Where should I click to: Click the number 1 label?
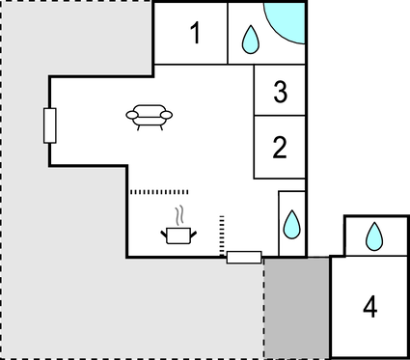(x=195, y=35)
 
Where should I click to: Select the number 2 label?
(x=280, y=148)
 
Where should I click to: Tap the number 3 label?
(x=280, y=93)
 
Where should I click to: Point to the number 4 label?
(x=369, y=307)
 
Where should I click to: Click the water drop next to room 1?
(x=250, y=39)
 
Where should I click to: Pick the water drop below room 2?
(x=291, y=225)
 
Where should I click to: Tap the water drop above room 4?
(x=374, y=235)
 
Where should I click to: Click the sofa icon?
(x=150, y=116)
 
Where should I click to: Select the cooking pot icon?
(x=178, y=235)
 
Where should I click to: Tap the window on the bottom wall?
(x=243, y=257)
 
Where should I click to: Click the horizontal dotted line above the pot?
(x=162, y=191)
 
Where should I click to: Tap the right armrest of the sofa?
(x=168, y=115)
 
